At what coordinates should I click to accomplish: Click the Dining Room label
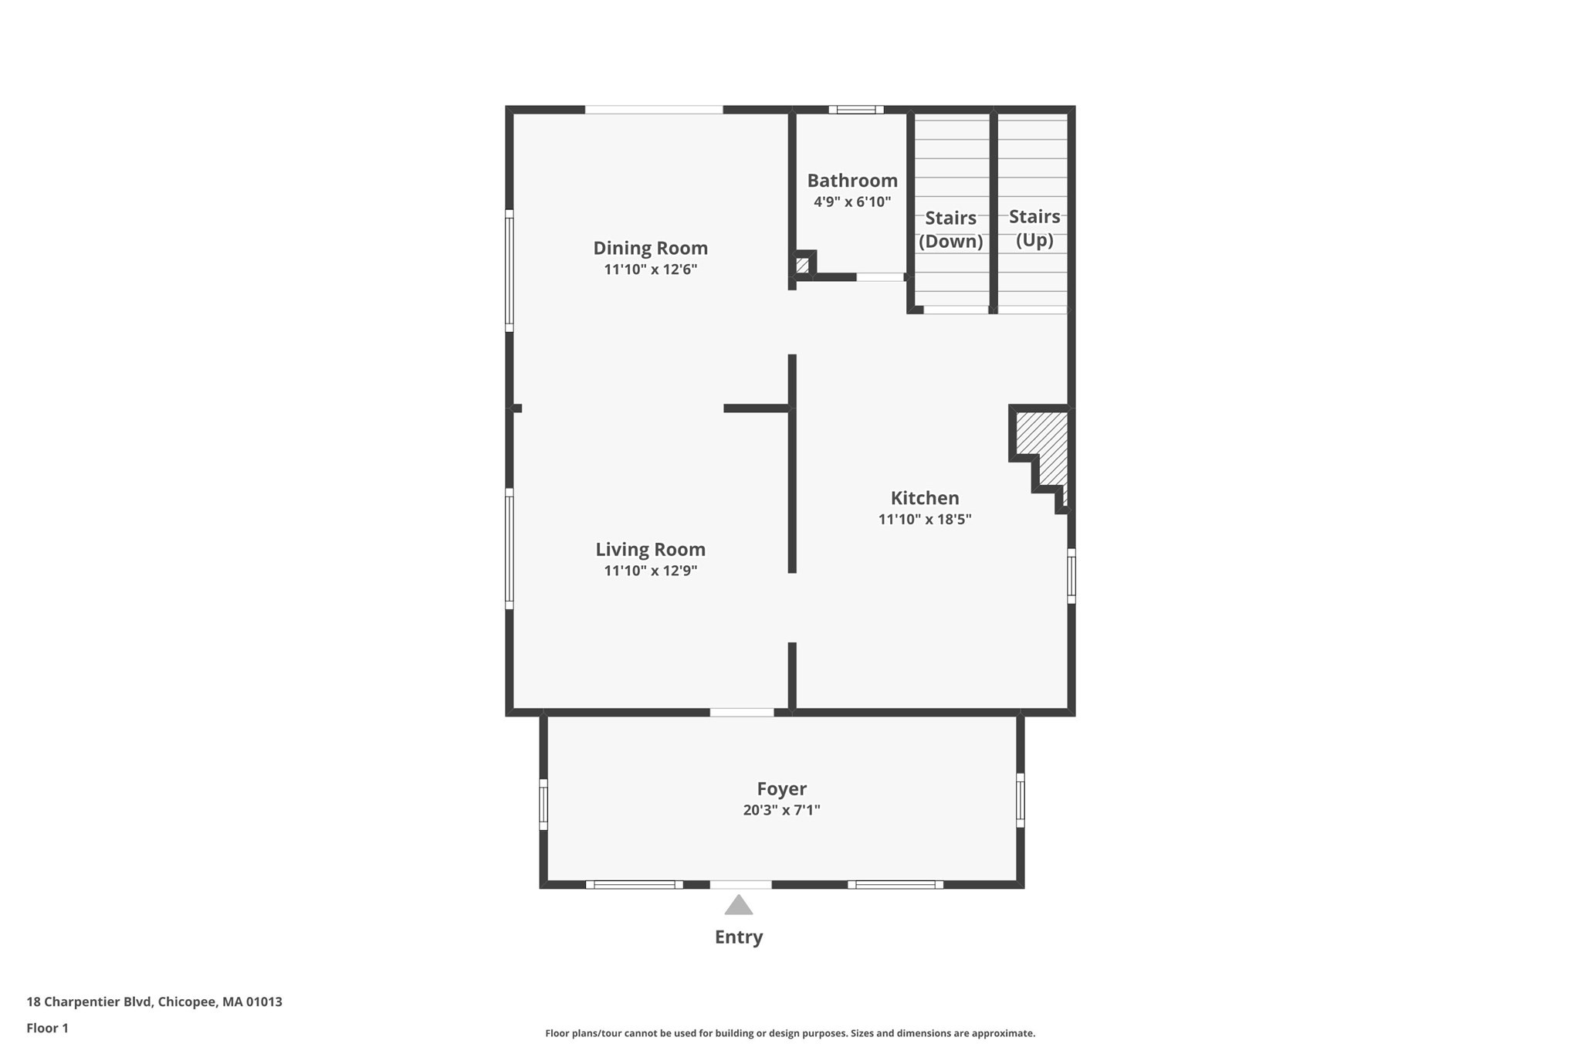tap(650, 248)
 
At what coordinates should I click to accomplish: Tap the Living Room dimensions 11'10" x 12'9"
tap(650, 571)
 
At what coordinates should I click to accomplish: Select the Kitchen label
tap(924, 498)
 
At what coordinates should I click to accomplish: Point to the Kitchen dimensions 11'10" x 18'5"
tap(924, 519)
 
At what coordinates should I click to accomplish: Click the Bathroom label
tap(852, 181)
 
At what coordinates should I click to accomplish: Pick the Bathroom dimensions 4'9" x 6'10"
tap(852, 202)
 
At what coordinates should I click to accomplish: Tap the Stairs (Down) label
tap(950, 229)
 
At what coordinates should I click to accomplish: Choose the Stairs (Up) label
tap(1034, 228)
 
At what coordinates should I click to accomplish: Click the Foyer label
tap(781, 788)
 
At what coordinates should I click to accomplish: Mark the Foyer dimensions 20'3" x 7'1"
tap(781, 810)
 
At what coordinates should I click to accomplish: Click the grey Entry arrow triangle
tap(739, 906)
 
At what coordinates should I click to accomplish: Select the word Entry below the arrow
tap(739, 937)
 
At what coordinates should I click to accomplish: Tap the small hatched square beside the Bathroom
tap(802, 266)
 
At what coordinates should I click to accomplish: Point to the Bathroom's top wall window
tap(856, 110)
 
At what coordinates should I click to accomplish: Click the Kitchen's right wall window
tap(1071, 575)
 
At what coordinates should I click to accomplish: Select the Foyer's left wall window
tap(543, 805)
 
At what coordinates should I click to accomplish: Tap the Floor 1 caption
tap(48, 1028)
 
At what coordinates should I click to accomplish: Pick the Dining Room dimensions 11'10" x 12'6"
tap(650, 269)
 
